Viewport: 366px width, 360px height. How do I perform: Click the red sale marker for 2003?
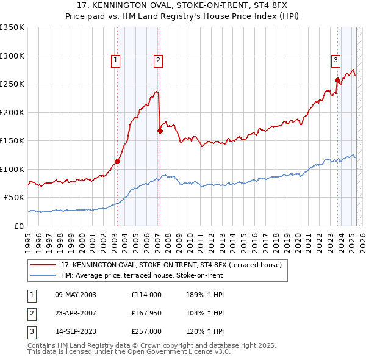pyautogui.click(x=118, y=161)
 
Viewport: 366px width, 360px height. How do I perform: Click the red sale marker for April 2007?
pyautogui.click(x=160, y=131)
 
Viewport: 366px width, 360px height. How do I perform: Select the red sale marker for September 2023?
pyautogui.click(x=337, y=80)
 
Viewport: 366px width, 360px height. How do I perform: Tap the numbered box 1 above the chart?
pyautogui.click(x=115, y=60)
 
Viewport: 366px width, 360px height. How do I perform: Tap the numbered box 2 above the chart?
pyautogui.click(x=158, y=60)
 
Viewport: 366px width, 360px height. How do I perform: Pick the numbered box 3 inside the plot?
pyautogui.click(x=335, y=60)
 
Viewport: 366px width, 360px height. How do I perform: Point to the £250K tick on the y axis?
pyautogui.click(x=12, y=84)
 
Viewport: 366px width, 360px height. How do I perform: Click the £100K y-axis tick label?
pyautogui.click(x=12, y=169)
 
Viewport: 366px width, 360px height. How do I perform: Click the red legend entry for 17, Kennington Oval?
pyautogui.click(x=171, y=265)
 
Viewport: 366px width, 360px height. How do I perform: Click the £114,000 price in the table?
pyautogui.click(x=146, y=295)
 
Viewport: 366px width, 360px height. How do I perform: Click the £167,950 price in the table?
pyautogui.click(x=146, y=313)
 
